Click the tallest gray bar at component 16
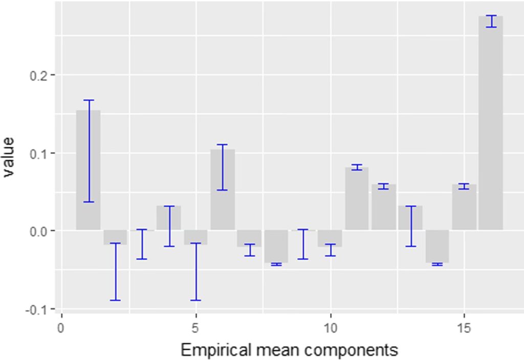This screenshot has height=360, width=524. click(490, 123)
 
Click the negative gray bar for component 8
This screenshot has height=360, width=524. click(276, 246)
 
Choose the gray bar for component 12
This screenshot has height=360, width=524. click(383, 207)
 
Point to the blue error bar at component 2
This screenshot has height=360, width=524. click(115, 272)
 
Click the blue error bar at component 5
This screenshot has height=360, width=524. click(195, 272)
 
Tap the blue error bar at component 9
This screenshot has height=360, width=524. click(303, 244)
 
